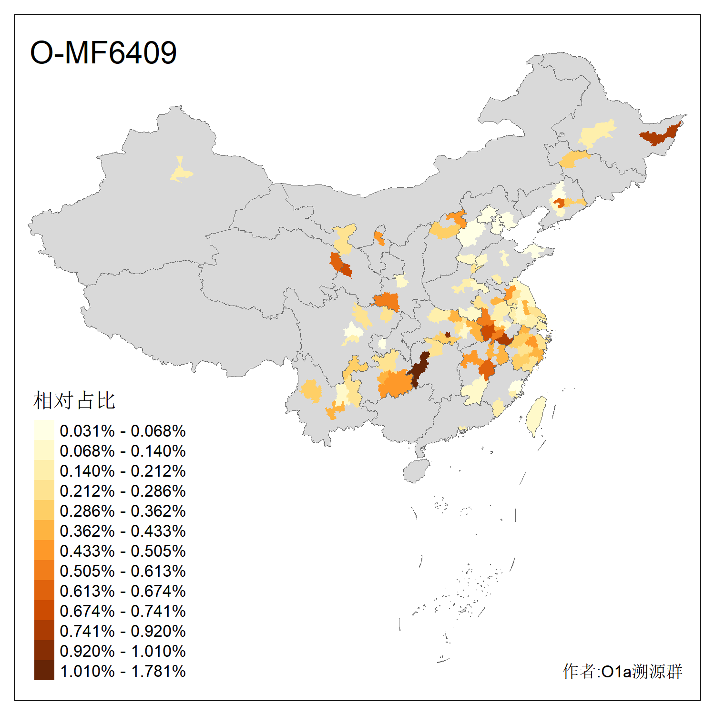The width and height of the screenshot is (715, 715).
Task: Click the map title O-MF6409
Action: [103, 52]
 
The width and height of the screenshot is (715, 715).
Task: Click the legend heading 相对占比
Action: [74, 400]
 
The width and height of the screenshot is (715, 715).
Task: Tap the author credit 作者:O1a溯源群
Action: [623, 671]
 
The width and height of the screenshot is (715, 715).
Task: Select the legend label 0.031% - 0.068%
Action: [123, 431]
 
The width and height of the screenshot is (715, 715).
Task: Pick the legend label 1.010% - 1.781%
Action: [123, 671]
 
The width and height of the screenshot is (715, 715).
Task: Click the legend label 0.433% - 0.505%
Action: [123, 551]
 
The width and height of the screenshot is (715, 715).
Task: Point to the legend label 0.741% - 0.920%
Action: [123, 631]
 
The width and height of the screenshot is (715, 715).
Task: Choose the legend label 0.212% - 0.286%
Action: [123, 491]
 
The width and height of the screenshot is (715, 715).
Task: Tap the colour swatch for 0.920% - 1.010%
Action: [44, 651]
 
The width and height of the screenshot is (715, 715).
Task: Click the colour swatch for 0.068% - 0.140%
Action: [44, 451]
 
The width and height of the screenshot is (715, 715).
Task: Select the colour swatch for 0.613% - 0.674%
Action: [44, 591]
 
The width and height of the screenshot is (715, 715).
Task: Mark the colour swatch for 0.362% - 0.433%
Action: [44, 531]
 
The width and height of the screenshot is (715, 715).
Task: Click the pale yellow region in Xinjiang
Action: [181, 173]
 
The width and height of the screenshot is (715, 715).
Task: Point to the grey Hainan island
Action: [416, 471]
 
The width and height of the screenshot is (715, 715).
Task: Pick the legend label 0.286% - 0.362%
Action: [123, 511]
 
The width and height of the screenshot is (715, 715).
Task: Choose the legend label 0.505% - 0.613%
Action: [123, 571]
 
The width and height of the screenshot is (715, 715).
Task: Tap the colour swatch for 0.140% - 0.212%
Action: [44, 471]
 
